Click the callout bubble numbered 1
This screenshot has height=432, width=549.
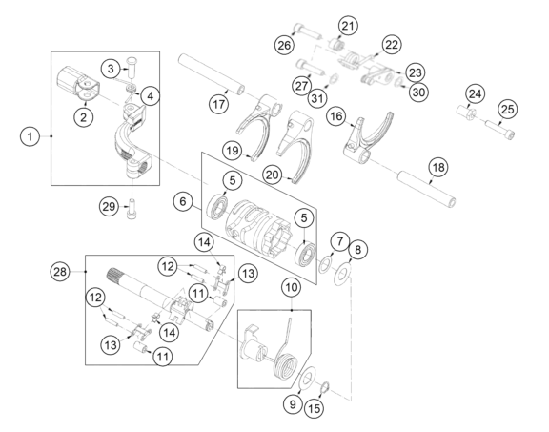[x=30, y=136]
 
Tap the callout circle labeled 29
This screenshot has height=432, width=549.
[x=109, y=206]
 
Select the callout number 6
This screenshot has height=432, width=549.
[x=183, y=201]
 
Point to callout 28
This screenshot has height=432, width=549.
[x=60, y=272]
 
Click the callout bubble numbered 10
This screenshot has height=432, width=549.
[x=292, y=287]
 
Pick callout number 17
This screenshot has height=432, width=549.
[x=219, y=104]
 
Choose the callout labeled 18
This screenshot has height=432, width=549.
[x=438, y=167]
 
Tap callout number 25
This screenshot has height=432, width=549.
[x=508, y=109]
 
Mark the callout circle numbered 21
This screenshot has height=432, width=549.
[x=348, y=26]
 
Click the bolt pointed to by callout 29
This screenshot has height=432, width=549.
[x=132, y=209]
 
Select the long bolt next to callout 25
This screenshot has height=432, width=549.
[x=500, y=128]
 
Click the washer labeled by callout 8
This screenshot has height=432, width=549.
[x=342, y=275]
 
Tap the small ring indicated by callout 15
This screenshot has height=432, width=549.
[x=325, y=387]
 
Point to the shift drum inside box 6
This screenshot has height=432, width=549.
[x=257, y=228]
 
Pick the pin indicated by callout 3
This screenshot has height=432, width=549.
[x=132, y=68]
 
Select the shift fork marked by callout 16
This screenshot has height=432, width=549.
[x=368, y=137]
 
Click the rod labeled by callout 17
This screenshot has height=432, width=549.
[x=212, y=74]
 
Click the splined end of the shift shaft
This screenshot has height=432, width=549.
[x=114, y=274]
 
